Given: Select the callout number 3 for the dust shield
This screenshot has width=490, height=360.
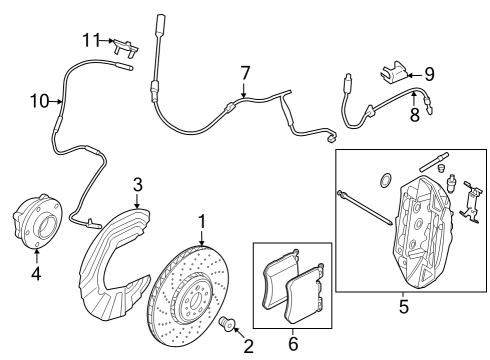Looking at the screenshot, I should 139,183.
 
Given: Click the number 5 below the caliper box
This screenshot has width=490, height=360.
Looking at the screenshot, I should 404,307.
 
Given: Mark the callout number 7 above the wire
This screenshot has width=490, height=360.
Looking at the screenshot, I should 243,72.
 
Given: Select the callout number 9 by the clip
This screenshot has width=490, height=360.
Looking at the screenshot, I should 430,72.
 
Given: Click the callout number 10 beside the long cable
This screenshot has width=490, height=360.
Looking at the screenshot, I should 38,100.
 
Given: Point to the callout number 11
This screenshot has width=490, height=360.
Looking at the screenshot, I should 91,39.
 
